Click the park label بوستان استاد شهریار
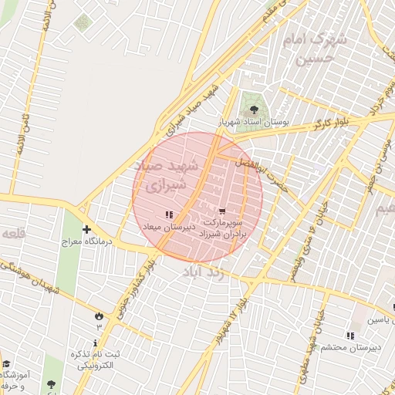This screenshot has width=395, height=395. (253, 122)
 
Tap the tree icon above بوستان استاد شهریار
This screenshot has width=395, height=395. (254, 109)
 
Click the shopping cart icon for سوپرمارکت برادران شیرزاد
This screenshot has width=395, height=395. (222, 211)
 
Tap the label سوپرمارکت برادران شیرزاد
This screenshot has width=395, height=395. (222, 227)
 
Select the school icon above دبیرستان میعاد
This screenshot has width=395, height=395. (169, 214)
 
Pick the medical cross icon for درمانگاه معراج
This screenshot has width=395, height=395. (86, 229)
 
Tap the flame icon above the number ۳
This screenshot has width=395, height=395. (99, 316)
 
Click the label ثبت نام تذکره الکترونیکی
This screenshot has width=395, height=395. (96, 359)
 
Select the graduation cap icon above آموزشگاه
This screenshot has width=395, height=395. (6, 364)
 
